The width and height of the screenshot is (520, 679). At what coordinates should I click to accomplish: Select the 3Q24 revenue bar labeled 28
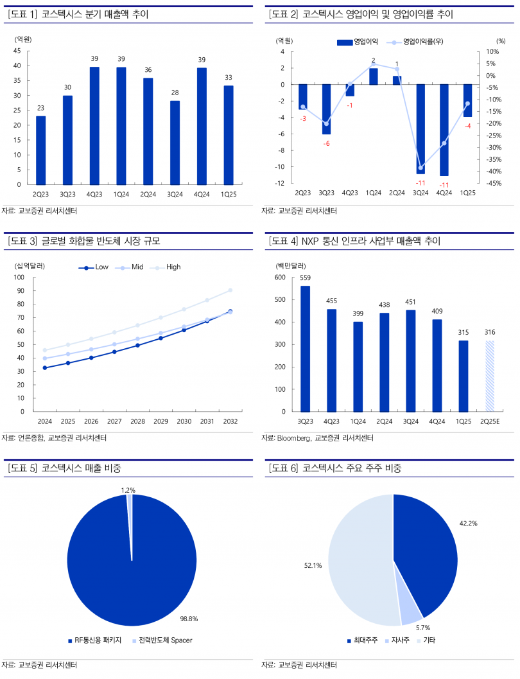coord(175,142)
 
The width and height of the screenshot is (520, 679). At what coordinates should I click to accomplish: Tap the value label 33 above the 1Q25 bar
coord(229,78)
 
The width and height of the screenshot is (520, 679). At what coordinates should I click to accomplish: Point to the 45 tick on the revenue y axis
coord(17,51)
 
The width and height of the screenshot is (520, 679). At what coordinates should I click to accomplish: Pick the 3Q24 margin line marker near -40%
coord(420,168)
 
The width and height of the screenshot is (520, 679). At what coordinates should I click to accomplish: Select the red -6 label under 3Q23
coord(326,143)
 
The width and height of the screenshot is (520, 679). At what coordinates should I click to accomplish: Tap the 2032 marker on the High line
coord(230,290)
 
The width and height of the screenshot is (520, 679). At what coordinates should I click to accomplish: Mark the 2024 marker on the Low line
coord(45,367)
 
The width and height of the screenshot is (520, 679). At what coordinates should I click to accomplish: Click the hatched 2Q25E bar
coord(490,376)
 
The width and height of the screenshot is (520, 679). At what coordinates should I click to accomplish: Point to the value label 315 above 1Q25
coord(463,332)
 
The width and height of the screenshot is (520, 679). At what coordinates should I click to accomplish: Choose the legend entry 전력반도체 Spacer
coord(165,640)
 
